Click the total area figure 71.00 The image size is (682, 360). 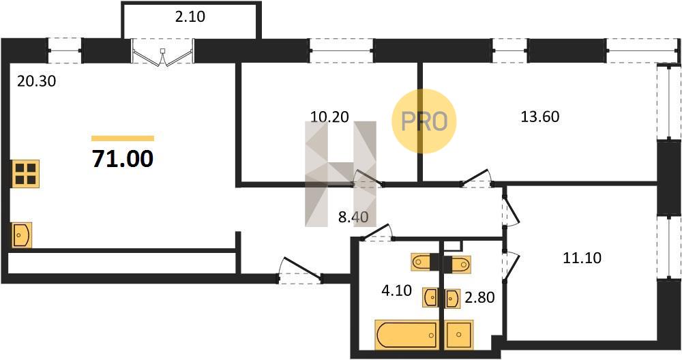click(x=123, y=158)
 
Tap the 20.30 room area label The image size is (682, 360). click(x=37, y=81)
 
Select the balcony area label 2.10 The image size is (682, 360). click(x=190, y=16)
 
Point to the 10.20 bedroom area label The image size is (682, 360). click(x=329, y=117)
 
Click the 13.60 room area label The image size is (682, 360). click(x=539, y=117)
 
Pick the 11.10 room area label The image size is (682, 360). click(x=582, y=258)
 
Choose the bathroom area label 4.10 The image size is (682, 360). click(x=397, y=290)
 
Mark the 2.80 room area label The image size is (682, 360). click(x=479, y=297)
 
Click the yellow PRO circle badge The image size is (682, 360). click(x=424, y=121)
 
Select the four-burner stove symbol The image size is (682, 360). click(x=26, y=174)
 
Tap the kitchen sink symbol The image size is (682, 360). click(x=21, y=235)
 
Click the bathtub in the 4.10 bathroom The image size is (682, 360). click(x=406, y=335)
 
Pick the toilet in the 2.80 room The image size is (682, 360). click(x=457, y=262)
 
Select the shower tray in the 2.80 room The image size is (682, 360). click(x=459, y=335)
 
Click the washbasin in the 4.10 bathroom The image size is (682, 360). click(x=430, y=297)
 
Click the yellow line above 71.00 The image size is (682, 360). click(x=123, y=138)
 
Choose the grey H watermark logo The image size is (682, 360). click(x=340, y=174)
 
